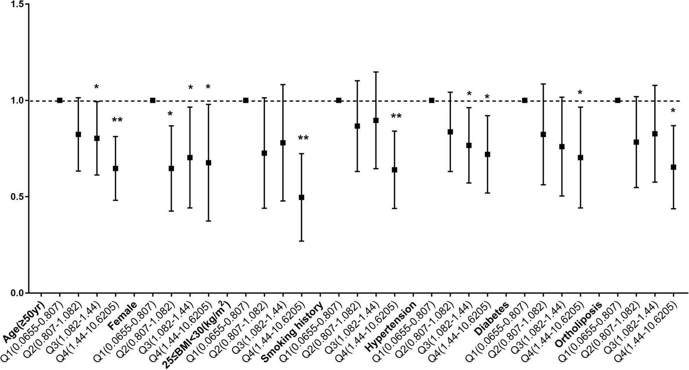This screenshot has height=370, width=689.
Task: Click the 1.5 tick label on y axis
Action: coord(17,4)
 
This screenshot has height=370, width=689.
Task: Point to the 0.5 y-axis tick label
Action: coord(17,196)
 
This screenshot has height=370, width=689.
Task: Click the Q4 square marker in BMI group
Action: coord(301,197)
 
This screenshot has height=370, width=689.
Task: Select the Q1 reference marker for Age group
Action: coord(59,100)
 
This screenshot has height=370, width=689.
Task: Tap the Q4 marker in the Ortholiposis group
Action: coord(673,167)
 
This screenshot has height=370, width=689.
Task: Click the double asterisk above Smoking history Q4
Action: coord(303,138)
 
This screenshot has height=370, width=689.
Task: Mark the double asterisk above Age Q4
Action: coord(117,120)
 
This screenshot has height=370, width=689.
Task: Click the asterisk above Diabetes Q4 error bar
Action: coord(580,93)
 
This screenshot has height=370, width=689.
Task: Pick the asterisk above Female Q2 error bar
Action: coord(170,114)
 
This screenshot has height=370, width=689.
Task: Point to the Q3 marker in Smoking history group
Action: coord(376,120)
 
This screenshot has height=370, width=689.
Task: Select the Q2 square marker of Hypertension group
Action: coord(450,132)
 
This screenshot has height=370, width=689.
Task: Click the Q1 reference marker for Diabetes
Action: coord(525,100)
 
